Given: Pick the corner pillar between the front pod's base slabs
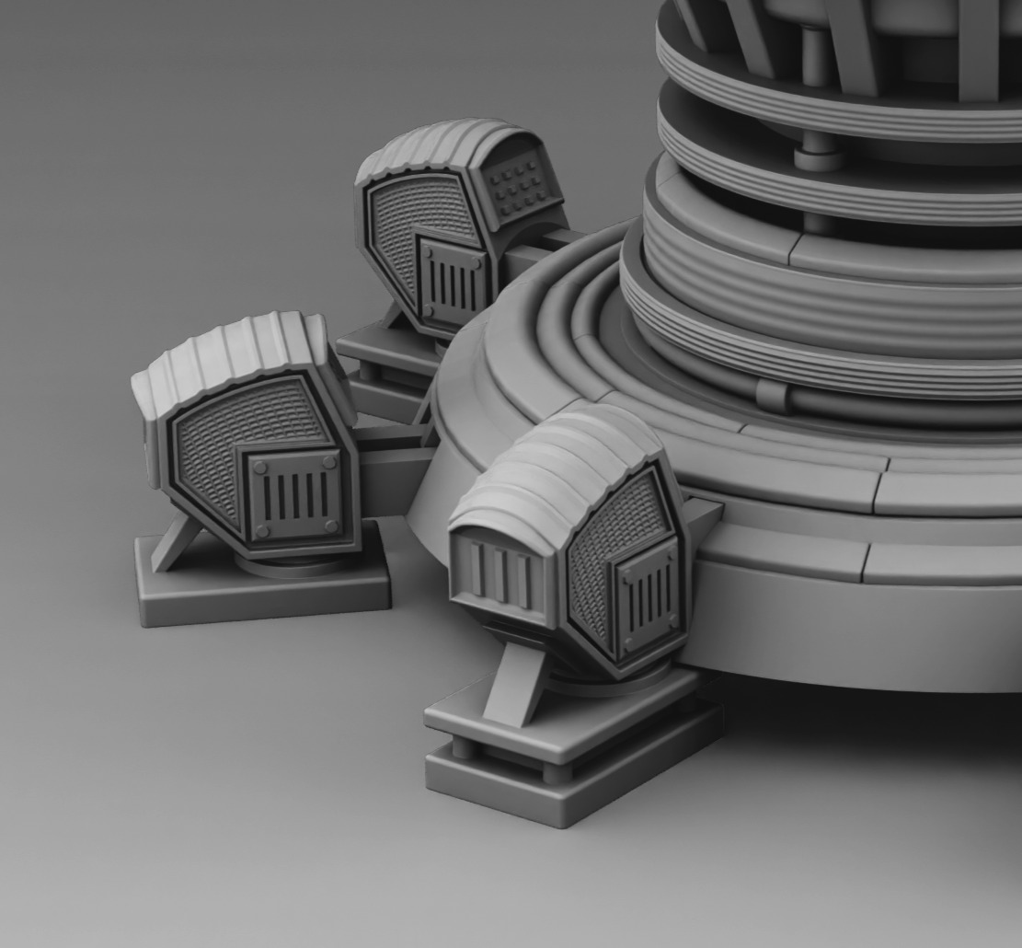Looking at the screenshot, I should (556, 769).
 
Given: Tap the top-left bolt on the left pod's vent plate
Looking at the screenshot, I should (259, 468).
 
